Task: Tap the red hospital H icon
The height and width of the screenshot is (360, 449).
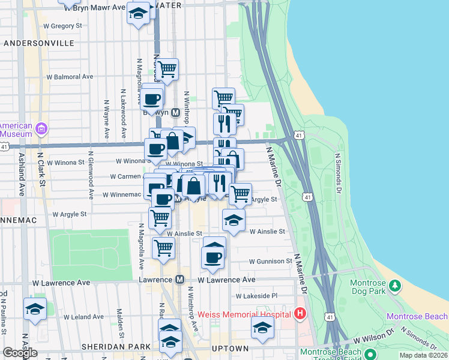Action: tap(301, 314)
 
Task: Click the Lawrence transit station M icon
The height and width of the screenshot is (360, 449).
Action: tap(179, 280)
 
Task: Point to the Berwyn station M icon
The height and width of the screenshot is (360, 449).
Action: tap(176, 112)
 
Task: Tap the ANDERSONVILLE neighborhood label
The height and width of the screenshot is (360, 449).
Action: tap(39, 43)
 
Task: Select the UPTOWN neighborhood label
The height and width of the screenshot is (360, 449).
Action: tap(231, 348)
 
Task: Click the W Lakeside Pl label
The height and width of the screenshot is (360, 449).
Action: tap(257, 296)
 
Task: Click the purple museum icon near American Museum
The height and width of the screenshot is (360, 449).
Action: tap(41, 128)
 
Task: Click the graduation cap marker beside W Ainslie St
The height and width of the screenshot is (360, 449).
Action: tap(234, 220)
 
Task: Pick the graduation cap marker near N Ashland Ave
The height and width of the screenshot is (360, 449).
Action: tap(35, 310)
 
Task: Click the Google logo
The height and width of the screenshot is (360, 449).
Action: tap(20, 353)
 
